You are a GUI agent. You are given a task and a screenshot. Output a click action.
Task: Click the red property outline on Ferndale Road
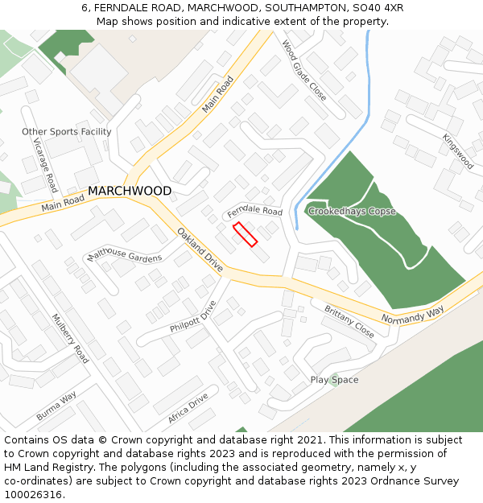[x=245, y=234]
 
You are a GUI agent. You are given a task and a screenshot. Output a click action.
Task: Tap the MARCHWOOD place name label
[x=130, y=192]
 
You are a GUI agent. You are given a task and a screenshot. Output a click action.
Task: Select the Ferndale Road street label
[x=254, y=212]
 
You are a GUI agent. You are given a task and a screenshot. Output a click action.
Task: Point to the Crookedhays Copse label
[x=352, y=212]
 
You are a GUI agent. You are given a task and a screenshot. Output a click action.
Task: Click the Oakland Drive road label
[x=200, y=249]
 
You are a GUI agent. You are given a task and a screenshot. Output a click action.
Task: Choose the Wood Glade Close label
[x=303, y=70]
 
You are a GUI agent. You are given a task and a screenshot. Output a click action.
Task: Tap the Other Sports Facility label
[x=67, y=132]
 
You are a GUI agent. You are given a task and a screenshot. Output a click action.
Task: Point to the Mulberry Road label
[x=70, y=339]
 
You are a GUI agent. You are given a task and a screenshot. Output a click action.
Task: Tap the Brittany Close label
[x=349, y=321]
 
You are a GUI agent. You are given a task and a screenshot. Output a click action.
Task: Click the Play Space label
[x=334, y=380]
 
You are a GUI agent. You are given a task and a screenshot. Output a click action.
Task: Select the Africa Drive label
[x=188, y=410]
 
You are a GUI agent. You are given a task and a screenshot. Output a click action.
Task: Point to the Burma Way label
[x=56, y=406]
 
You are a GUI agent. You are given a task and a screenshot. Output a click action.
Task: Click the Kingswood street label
[x=458, y=151]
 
